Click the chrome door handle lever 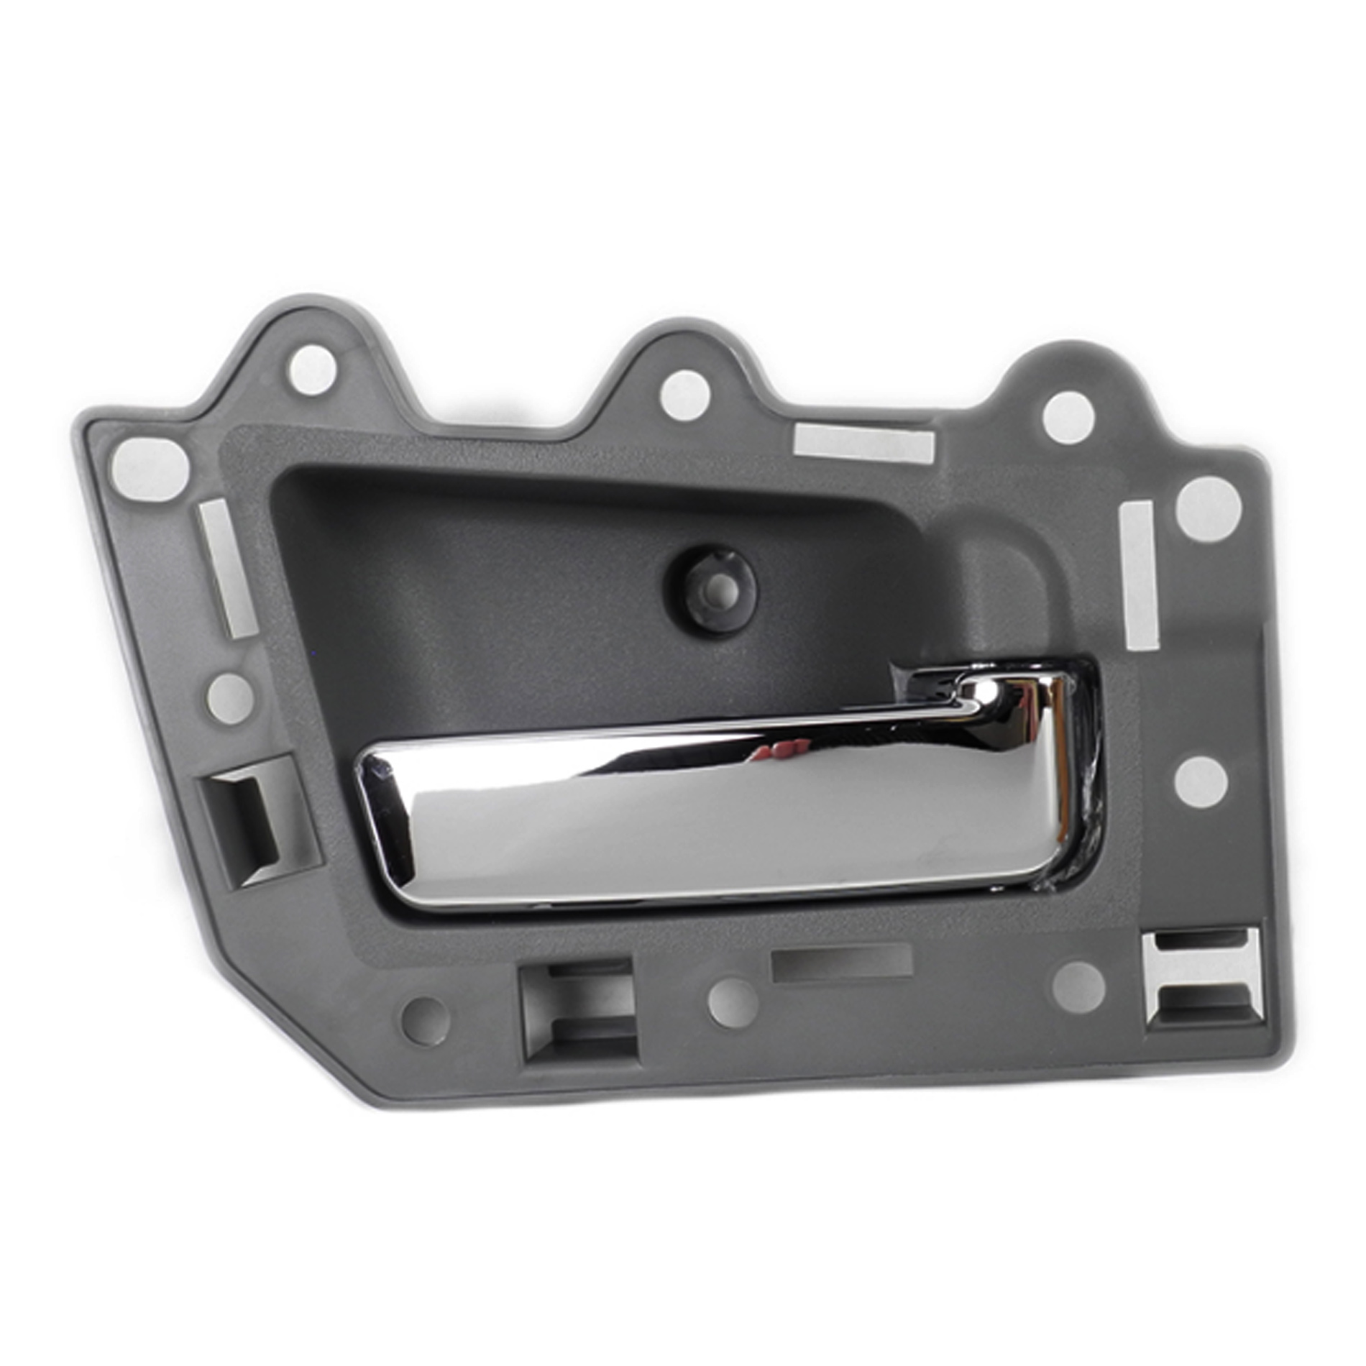(x=719, y=812)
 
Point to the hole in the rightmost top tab (x=1068, y=418)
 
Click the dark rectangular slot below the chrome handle (x=841, y=963)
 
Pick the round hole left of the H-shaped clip (x=1078, y=987)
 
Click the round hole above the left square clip (x=230, y=696)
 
